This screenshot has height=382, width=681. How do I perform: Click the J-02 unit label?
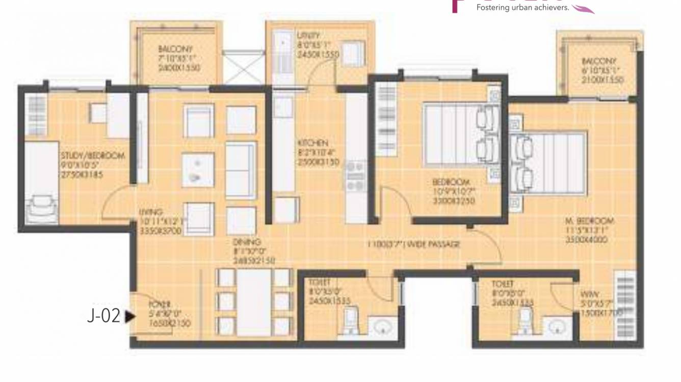point(103,316)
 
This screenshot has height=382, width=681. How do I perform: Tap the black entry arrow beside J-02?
point(130,316)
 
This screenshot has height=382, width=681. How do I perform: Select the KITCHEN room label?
point(313,143)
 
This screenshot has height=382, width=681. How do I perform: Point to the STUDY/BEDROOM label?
point(92,156)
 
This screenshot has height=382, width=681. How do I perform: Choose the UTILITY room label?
point(308,36)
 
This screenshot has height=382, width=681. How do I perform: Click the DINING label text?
point(247,242)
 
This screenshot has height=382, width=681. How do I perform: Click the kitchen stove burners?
point(356,175)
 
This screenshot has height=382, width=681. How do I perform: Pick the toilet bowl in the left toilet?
point(351,319)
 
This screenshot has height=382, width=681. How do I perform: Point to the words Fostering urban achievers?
point(522,8)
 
